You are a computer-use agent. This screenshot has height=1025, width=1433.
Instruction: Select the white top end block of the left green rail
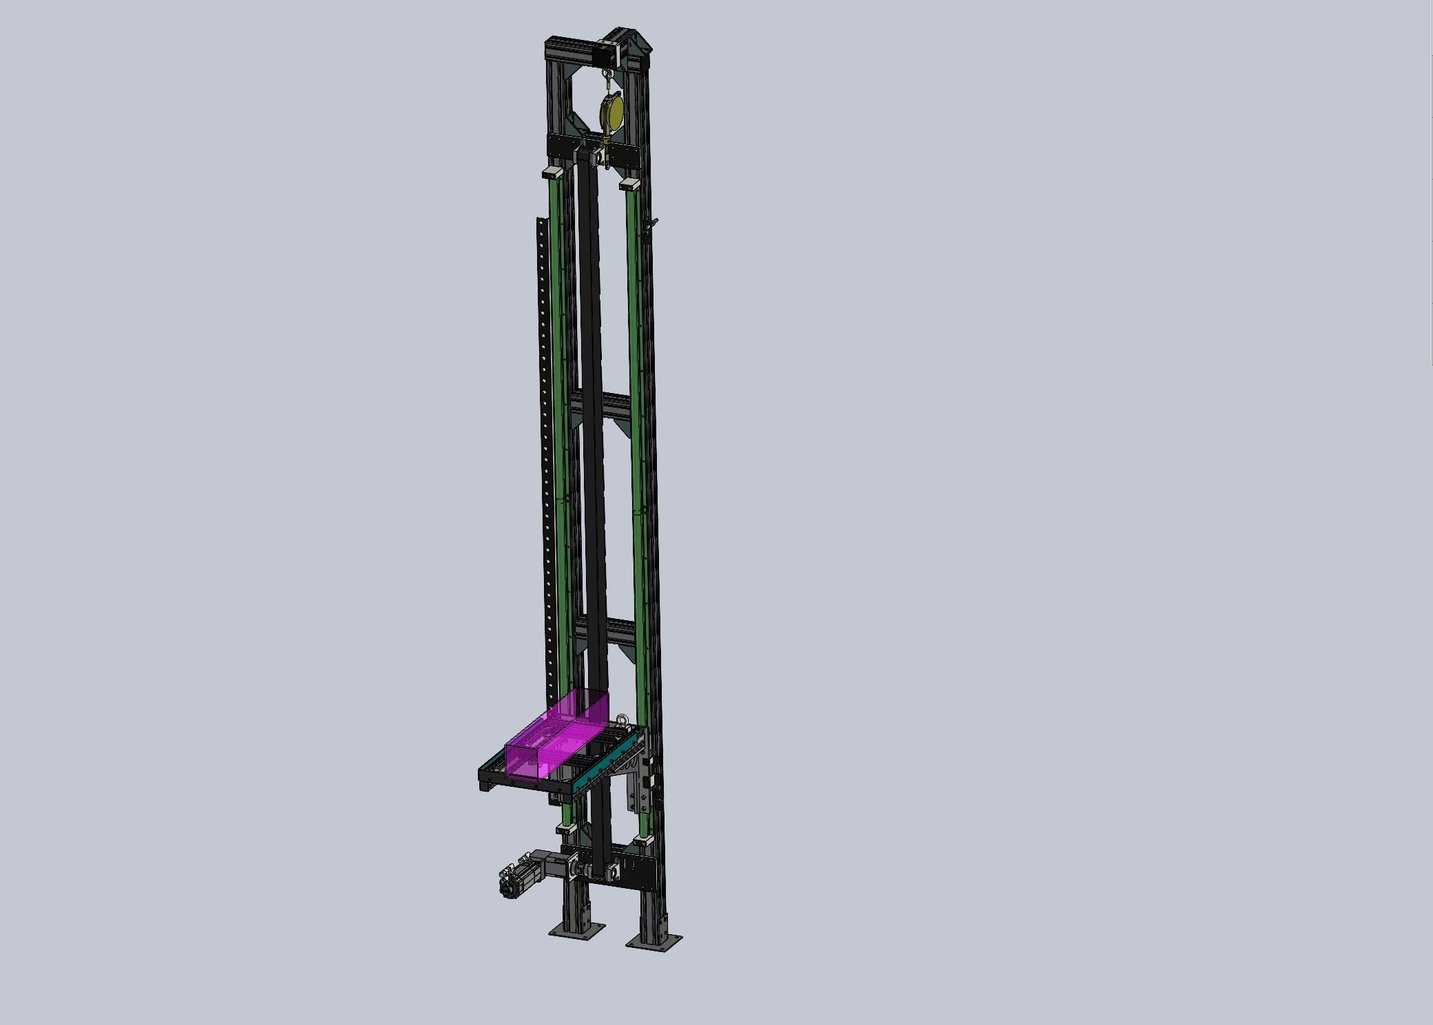point(554,171)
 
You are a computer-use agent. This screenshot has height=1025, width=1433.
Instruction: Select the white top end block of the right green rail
point(629,184)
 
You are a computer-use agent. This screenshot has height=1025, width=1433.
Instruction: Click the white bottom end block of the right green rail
point(642,841)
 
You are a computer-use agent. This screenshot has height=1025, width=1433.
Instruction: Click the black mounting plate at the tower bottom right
point(637,871)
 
